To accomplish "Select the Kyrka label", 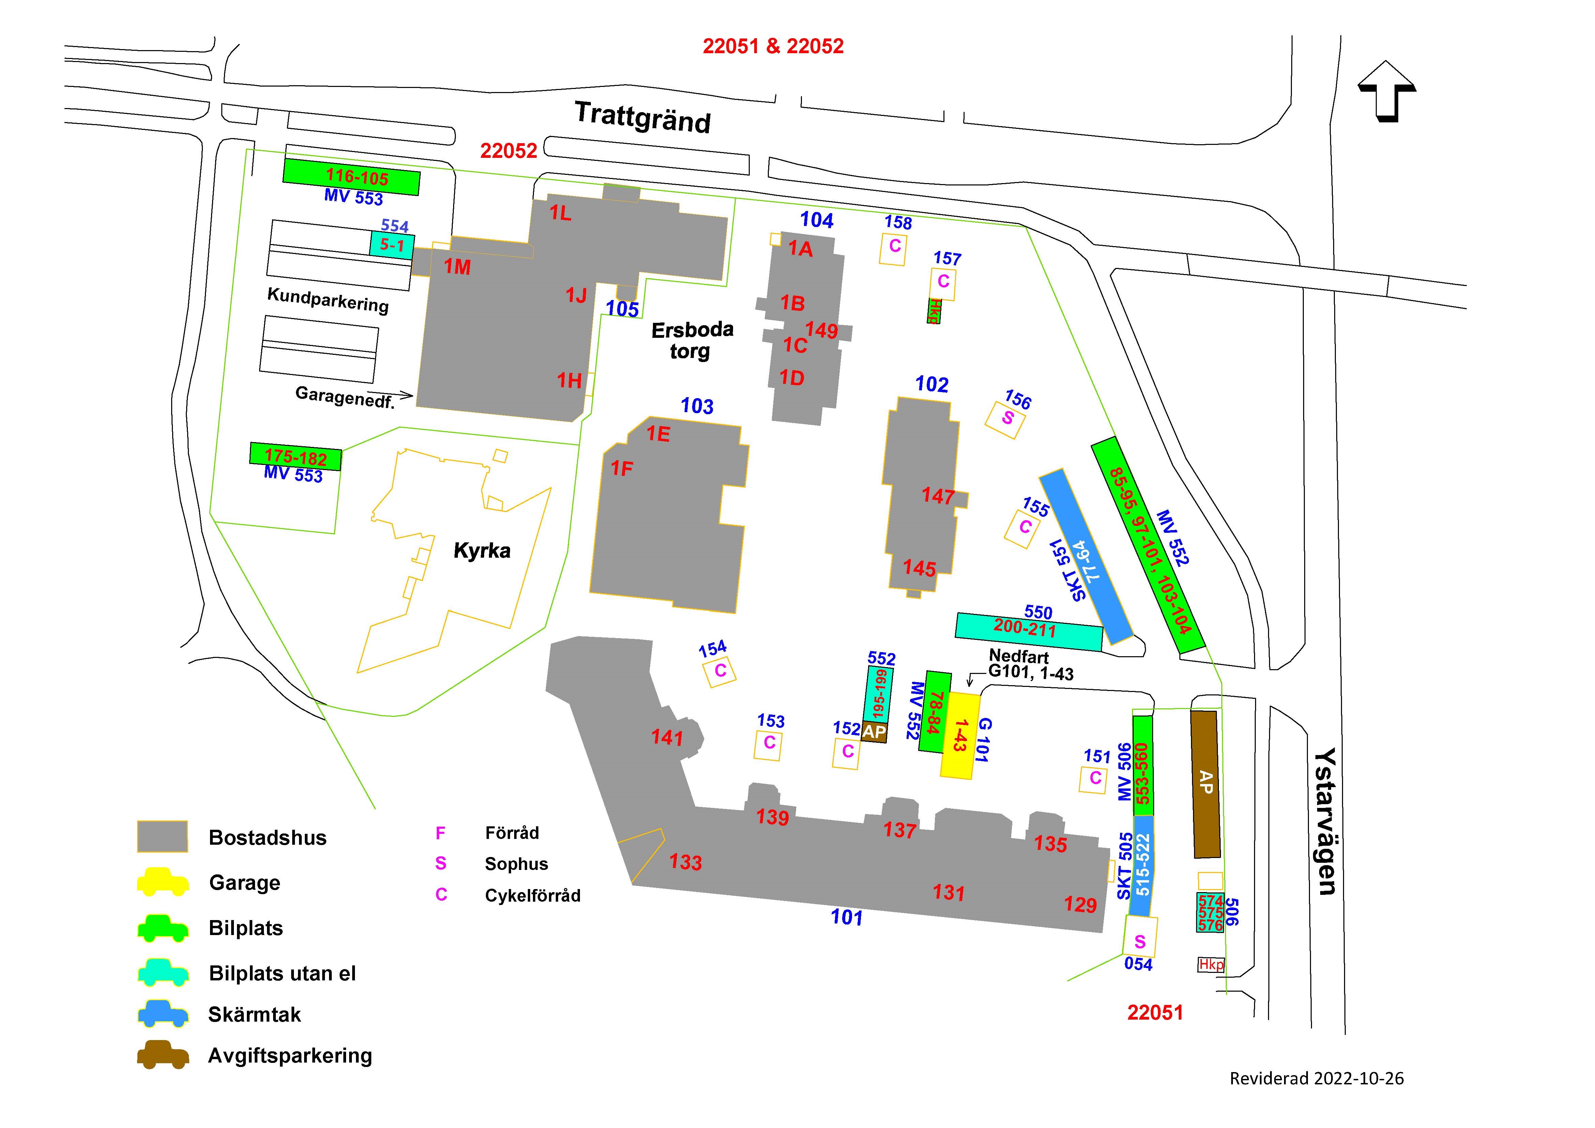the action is (482, 551).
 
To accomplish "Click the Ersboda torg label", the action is (692, 340).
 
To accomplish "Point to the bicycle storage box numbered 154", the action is (720, 671).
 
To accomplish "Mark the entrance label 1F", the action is (622, 469).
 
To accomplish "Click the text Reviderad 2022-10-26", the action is (1316, 1079).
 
